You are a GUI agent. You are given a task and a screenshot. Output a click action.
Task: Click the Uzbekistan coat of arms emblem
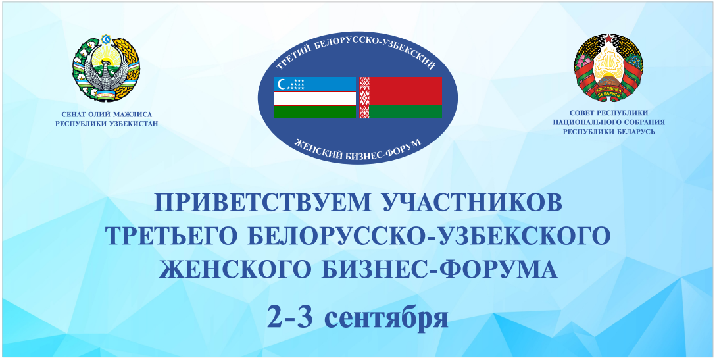tap(106, 68)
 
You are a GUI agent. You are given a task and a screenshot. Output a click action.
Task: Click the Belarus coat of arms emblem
tap(608, 67)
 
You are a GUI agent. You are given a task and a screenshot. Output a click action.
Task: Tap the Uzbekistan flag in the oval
tap(314, 97)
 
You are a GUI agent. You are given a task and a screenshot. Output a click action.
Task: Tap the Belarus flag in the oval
tap(401, 97)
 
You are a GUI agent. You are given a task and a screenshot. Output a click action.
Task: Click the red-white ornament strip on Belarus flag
tap(364, 97)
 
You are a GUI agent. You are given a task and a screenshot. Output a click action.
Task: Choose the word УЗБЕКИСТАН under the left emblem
tap(134, 123)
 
